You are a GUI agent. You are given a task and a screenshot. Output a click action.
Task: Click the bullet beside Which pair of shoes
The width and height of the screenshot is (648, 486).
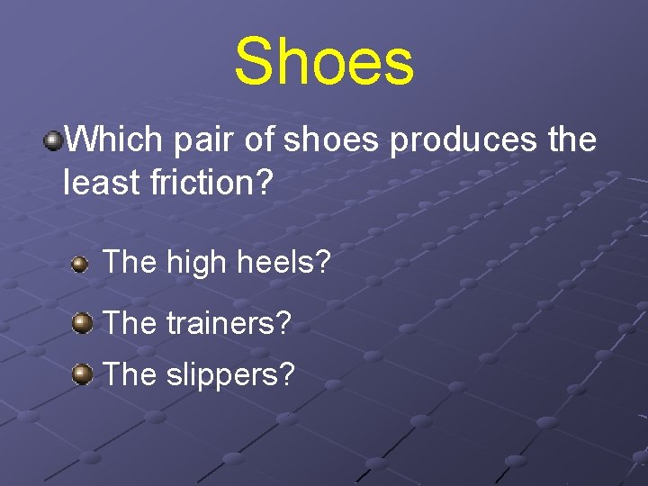[x=55, y=139]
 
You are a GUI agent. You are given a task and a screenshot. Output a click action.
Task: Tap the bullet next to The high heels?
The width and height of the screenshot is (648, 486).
[x=81, y=265]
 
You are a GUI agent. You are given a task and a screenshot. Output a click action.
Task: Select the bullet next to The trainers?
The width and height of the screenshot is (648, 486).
[x=83, y=322]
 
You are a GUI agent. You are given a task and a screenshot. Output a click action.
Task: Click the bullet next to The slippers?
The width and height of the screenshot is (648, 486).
[x=83, y=373]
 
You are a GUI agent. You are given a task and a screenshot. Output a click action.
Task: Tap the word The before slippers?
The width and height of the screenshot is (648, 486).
[x=130, y=373]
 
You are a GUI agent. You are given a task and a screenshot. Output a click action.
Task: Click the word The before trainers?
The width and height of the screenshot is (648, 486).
[x=130, y=322]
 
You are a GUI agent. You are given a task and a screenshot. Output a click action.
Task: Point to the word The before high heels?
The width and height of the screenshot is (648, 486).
[x=130, y=263]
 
